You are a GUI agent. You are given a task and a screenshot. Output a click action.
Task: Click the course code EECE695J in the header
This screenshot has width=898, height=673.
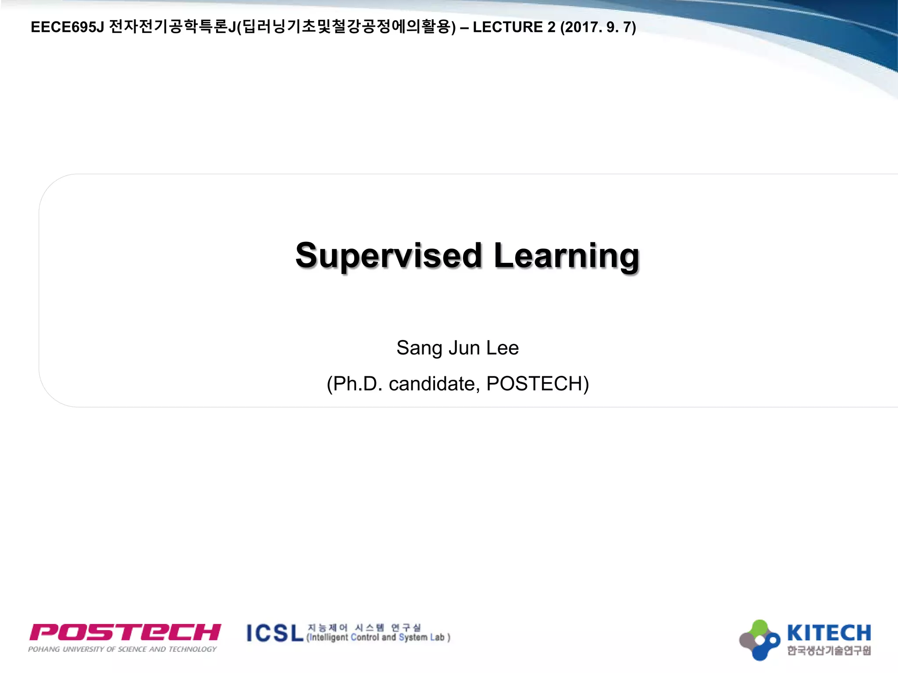tap(67, 27)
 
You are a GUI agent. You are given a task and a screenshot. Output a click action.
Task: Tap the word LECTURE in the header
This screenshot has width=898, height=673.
tap(507, 27)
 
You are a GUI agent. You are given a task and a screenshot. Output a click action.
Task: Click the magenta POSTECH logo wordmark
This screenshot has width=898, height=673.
tap(125, 632)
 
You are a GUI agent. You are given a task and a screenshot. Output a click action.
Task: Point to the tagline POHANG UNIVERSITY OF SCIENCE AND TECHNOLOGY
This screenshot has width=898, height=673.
tap(122, 649)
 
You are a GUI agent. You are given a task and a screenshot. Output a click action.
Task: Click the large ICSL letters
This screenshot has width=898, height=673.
tap(275, 634)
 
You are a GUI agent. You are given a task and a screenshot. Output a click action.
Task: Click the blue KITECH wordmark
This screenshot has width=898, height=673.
tap(829, 633)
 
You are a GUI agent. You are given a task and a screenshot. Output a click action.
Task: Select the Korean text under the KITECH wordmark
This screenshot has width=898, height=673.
tap(829, 650)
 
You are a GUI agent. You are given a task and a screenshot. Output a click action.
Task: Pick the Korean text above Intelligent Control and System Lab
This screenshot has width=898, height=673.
tap(364, 627)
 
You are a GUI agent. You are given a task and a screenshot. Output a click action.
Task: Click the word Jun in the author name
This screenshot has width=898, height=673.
tap(464, 348)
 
